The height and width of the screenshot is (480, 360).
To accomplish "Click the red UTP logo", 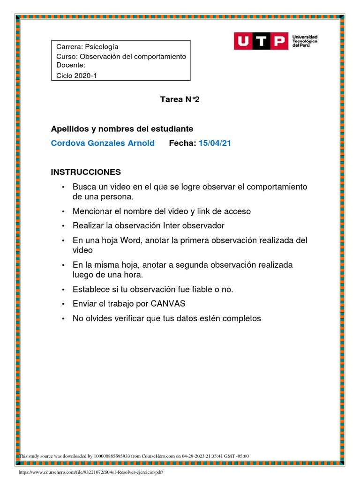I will coord(261,41).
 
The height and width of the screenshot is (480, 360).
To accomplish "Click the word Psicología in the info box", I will coord(102,47).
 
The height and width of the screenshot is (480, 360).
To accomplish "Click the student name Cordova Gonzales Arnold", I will coord(103,143).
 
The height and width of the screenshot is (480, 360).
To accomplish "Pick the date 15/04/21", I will coord(215,143).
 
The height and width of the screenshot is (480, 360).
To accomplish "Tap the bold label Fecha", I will coord(182,143).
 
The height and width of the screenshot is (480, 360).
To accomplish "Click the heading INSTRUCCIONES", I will coord(86,172).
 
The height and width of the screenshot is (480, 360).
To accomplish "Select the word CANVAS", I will coord(168,304).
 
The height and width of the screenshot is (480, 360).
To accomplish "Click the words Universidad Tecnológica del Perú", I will coord(305,41).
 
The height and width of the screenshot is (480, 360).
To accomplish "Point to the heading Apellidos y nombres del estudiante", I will coord(122,128).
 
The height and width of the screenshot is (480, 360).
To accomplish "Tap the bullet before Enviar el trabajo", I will coord(63,304).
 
